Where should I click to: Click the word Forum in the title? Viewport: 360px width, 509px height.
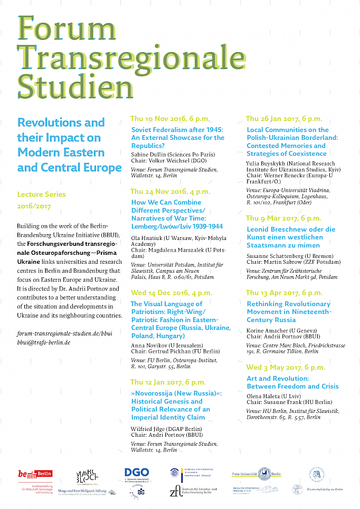pyautogui.click(x=60, y=27)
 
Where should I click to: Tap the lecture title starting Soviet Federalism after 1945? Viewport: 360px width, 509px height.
pyautogui.click(x=177, y=138)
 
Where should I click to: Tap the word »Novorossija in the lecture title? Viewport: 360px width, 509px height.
pyautogui.click(x=155, y=393)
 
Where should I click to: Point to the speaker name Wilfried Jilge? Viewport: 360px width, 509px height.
pyautogui.click(x=147, y=429)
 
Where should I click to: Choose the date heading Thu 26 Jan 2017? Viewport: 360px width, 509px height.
pyautogui.click(x=283, y=119)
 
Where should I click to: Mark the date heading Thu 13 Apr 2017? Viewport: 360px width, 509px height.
pyautogui.click(x=283, y=293)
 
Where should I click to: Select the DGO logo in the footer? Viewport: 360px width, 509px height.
pyautogui.click(x=137, y=474)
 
